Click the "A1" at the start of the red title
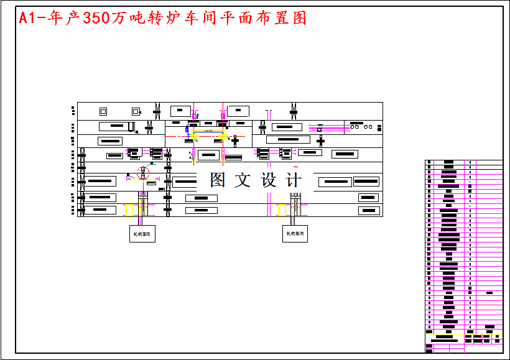pyautogui.click(x=27, y=18)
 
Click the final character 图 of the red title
pyautogui.click(x=299, y=18)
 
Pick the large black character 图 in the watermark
pyautogui.click(x=218, y=180)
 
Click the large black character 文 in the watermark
pyautogui.click(x=243, y=180)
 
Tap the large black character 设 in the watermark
pyautogui.click(x=269, y=180)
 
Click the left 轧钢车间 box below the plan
pyautogui.click(x=142, y=234)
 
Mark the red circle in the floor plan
pyautogui.click(x=144, y=171)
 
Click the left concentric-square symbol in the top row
pyautogui.click(x=103, y=111)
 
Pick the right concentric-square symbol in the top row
pyautogui.click(x=136, y=111)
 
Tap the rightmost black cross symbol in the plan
pyautogui.click(x=320, y=141)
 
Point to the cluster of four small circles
pyautogui.click(x=360, y=127)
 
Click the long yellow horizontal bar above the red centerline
pyautogui.click(x=208, y=131)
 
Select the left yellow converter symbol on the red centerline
pyautogui.click(x=195, y=136)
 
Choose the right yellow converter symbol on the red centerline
pyautogui.click(x=223, y=136)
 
